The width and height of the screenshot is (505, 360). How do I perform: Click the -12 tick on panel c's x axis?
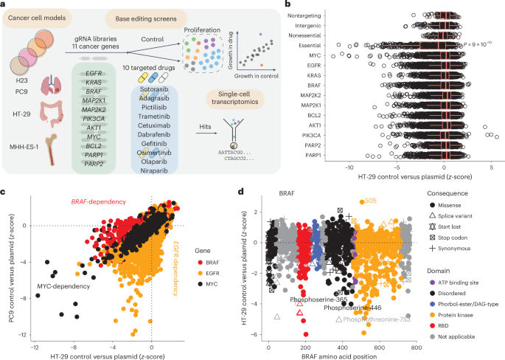[x=34, y=347]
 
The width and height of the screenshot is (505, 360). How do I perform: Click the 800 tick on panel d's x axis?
[x=416, y=347]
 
